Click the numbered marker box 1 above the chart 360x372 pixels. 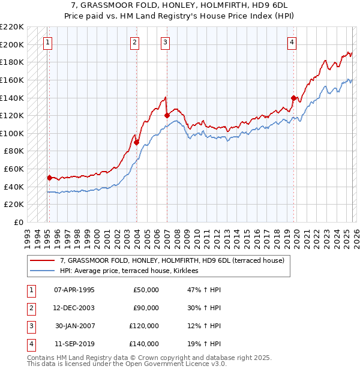coord(47,42)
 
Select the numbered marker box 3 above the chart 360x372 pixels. coord(165,42)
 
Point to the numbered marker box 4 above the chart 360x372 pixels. coord(291,42)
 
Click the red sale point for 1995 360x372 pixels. coord(49,178)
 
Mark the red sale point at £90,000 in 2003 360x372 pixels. coord(137,142)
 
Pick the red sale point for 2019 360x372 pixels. coord(293,98)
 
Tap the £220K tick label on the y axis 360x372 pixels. coord(13,27)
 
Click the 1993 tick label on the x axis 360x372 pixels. coord(27,235)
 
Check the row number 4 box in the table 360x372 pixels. coord(30,344)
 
